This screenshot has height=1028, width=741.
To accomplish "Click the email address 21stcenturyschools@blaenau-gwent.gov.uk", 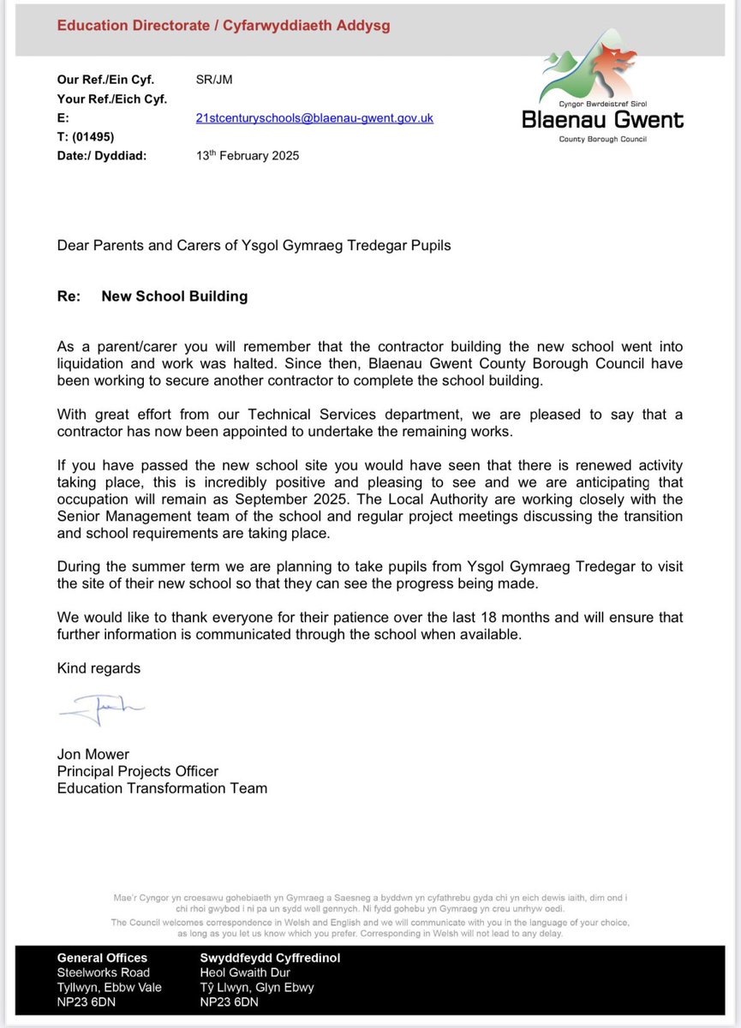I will click(314, 118).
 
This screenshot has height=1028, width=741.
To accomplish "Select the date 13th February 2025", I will click(248, 156).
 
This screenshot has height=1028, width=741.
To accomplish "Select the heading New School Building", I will click(174, 296).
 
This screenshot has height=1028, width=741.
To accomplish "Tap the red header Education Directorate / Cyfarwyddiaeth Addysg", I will click(224, 26).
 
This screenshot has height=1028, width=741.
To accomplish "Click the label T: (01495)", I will click(86, 137).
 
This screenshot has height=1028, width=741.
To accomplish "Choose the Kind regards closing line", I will click(99, 668).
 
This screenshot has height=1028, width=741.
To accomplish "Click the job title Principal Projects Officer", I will click(138, 771).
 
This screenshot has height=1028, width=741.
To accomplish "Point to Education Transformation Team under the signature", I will click(162, 788).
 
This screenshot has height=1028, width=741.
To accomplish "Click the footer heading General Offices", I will click(102, 958).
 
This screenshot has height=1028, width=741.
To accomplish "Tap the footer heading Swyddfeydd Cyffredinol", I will click(270, 958).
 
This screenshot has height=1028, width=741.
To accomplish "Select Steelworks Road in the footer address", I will click(103, 972).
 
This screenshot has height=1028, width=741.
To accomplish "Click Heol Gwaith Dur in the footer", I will click(245, 972).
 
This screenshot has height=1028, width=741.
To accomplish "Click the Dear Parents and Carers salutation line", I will click(254, 246).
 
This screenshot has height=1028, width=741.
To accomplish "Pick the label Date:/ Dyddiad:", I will click(103, 156).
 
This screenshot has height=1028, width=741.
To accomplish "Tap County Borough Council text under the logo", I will click(603, 139).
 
